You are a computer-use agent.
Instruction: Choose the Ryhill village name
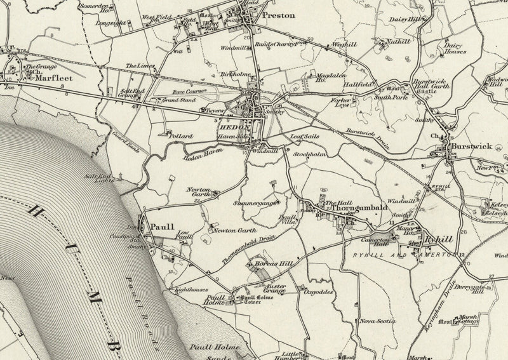(x=439, y=240)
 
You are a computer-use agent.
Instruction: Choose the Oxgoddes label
(x=319, y=293)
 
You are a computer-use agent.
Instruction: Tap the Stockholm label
(x=311, y=153)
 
